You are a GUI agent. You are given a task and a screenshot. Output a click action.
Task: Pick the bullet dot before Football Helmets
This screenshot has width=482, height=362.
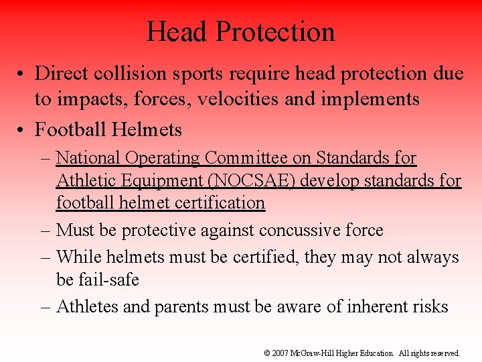(22, 128)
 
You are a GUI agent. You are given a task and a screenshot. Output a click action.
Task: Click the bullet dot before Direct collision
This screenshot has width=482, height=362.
(22, 74)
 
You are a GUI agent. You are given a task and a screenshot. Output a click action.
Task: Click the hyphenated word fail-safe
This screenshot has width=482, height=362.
(107, 279)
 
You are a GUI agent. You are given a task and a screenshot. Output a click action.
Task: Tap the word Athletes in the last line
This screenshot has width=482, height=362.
(89, 307)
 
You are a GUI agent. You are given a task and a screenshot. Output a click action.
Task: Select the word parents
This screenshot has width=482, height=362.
(182, 307)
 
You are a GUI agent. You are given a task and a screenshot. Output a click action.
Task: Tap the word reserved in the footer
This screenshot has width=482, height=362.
(444, 353)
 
